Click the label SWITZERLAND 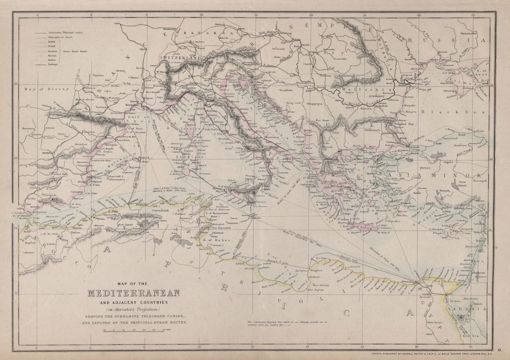point(181,58)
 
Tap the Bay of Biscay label point(48,90)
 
